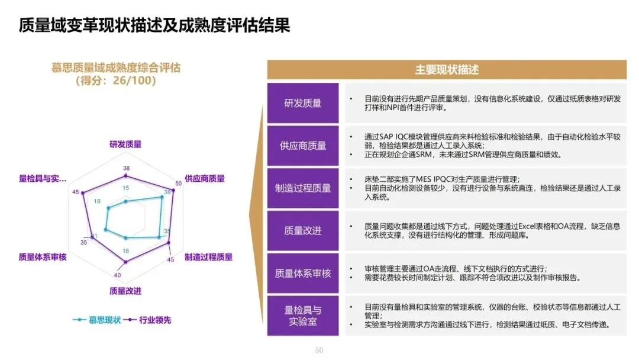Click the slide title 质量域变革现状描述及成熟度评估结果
[x=154, y=26]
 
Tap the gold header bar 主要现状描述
[x=447, y=69]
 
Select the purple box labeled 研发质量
[x=303, y=103]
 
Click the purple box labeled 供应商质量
[x=303, y=145]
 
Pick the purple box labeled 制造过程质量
[x=303, y=188]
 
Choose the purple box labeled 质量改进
[x=303, y=230]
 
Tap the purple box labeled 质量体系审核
[x=303, y=273]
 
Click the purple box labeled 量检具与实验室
[x=303, y=315]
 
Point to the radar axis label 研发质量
[x=125, y=144]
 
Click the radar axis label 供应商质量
[x=205, y=178]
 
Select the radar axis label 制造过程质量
[x=208, y=257]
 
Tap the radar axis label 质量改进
[x=125, y=291]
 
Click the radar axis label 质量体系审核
[x=43, y=257]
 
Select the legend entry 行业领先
[x=155, y=320]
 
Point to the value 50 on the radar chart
[x=178, y=183]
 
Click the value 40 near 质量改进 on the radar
[x=117, y=275]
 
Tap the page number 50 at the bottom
[x=319, y=351]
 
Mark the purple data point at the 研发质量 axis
[x=125, y=176]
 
